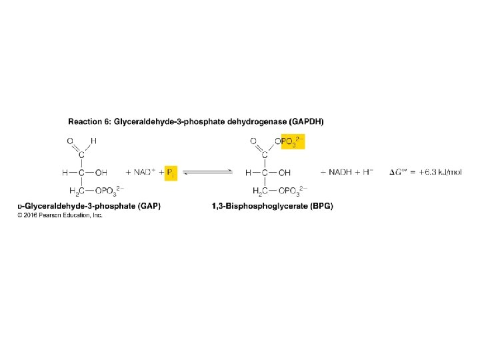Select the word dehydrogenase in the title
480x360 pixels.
254,122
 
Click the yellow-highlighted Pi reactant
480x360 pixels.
170,173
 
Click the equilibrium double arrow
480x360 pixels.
208,173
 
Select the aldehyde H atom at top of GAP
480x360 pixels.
94,141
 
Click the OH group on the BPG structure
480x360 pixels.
285,173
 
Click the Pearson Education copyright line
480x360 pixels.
61,215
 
